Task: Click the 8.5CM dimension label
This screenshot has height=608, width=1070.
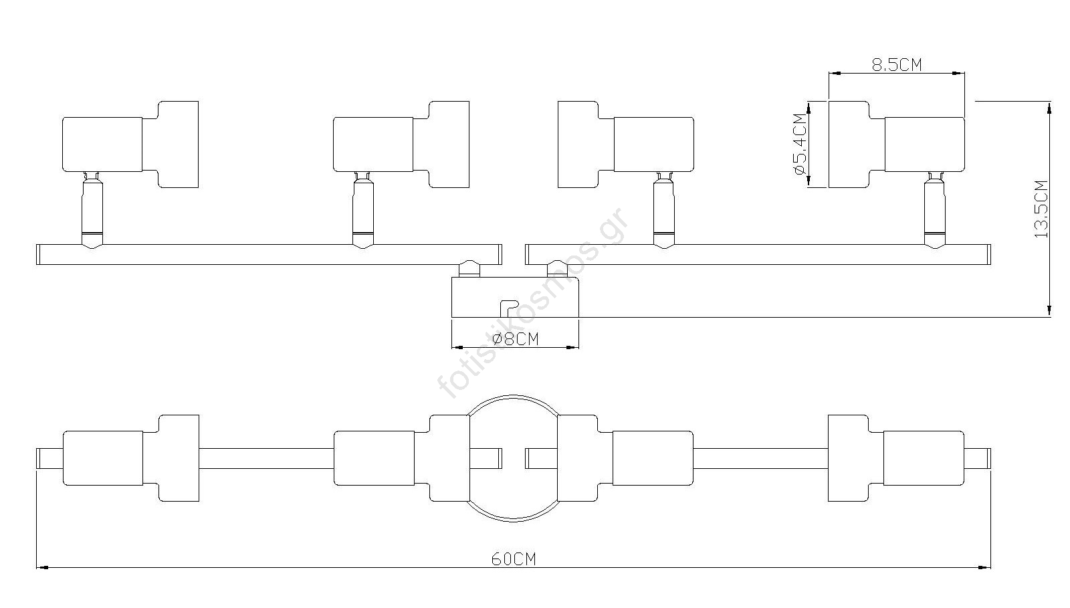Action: (x=897, y=64)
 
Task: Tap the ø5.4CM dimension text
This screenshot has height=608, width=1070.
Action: (x=800, y=144)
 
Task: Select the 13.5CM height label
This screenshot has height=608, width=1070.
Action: (x=1041, y=209)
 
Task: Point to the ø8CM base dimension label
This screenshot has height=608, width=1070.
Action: (x=515, y=338)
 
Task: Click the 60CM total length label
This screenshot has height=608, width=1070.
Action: (x=514, y=559)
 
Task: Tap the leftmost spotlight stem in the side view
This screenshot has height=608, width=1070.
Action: (x=92, y=211)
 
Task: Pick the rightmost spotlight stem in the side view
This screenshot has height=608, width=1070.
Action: (x=934, y=211)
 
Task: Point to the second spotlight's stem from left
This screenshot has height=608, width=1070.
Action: (x=363, y=211)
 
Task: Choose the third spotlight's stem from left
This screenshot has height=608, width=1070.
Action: (x=664, y=211)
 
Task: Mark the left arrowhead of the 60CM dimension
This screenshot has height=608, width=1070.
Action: (x=43, y=568)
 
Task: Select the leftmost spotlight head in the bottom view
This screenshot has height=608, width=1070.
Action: (x=131, y=458)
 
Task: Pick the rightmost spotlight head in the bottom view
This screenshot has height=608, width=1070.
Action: (x=896, y=458)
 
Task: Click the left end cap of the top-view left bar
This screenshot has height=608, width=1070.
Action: (x=39, y=255)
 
